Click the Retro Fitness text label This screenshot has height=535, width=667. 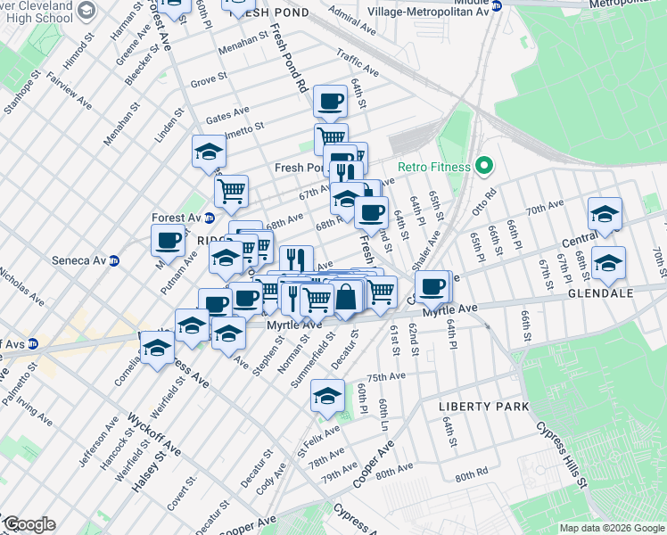tap(432, 166)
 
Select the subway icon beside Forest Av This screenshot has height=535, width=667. tap(210, 218)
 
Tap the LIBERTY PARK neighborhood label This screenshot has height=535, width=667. tap(484, 407)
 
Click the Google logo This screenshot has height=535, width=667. tap(29, 524)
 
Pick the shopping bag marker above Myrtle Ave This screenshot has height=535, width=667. tap(346, 295)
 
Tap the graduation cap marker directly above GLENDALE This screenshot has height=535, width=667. tap(608, 262)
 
